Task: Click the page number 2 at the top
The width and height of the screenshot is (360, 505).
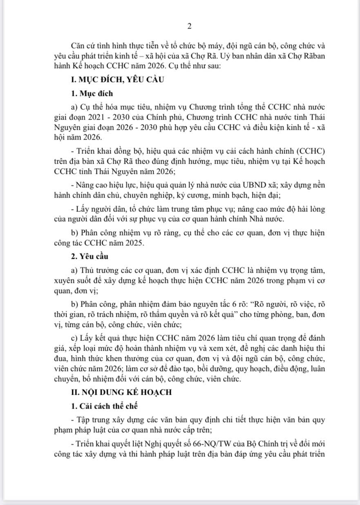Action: click(189, 27)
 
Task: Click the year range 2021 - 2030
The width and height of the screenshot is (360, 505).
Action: click(108, 118)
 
